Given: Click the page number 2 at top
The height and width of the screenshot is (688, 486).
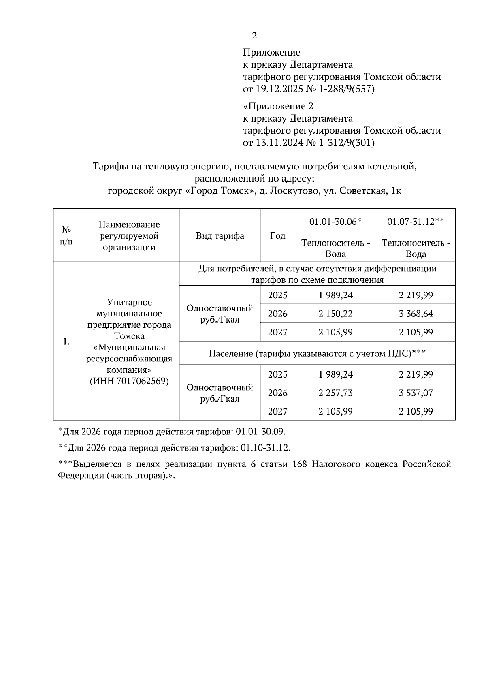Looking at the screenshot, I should pyautogui.click(x=254, y=36).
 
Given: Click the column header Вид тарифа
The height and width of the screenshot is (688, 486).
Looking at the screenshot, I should pyautogui.click(x=220, y=236).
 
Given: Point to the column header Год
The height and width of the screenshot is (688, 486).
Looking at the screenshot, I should pyautogui.click(x=277, y=236).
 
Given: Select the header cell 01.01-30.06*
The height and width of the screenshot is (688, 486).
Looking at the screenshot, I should pyautogui.click(x=335, y=222).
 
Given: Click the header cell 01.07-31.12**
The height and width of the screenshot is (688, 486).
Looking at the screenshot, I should pyautogui.click(x=416, y=222).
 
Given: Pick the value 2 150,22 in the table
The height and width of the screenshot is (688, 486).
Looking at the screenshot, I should pyautogui.click(x=335, y=314).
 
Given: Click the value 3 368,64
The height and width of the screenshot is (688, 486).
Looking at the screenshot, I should pyautogui.click(x=416, y=314).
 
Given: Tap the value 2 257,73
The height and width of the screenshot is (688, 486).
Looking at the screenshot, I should pyautogui.click(x=335, y=393).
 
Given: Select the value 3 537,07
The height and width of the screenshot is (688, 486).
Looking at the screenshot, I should pyautogui.click(x=416, y=393).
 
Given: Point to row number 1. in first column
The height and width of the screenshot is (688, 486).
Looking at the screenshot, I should pyautogui.click(x=66, y=342).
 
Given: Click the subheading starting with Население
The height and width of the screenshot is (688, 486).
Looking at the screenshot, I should pyautogui.click(x=317, y=353).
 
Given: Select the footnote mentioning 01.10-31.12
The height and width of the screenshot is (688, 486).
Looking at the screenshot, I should pyautogui.click(x=175, y=448).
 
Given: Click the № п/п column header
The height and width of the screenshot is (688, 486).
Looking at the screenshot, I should pyautogui.click(x=66, y=236).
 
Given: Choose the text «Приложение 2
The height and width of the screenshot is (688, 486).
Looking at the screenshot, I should pyautogui.click(x=278, y=106).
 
